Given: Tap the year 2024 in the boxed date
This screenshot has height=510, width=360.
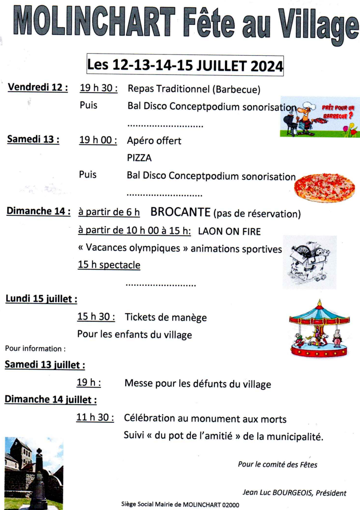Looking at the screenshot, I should pos(267,66).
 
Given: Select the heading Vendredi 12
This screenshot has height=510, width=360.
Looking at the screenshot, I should pos(38,87).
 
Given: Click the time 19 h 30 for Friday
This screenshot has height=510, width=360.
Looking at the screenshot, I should pos(98,89).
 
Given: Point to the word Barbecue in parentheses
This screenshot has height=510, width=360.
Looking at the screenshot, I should pos(236,89).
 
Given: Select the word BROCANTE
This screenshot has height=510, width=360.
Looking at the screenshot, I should pos(180,212).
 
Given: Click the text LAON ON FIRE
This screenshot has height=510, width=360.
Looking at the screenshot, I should pos(229,231).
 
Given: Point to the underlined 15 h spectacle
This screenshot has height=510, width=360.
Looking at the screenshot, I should pos(109,265).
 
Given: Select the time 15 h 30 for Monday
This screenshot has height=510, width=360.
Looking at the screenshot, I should pos(96,317).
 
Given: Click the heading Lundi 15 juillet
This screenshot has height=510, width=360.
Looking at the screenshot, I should pos(41,299).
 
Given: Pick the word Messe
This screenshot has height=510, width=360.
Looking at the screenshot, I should pos(139,383).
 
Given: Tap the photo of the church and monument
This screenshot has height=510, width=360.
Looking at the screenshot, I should pos(34,473).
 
